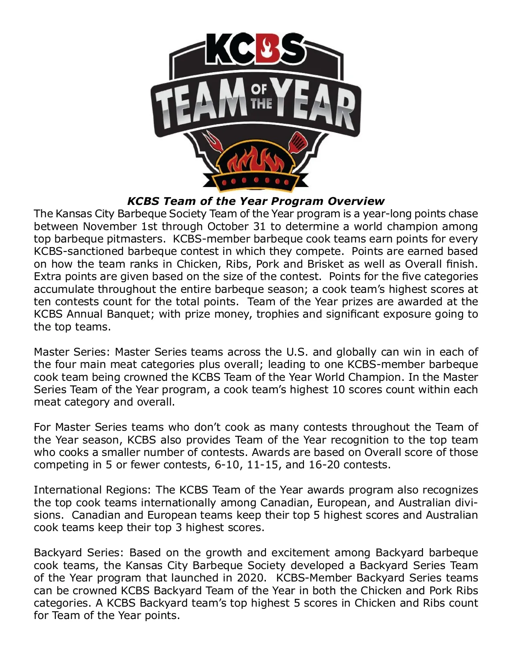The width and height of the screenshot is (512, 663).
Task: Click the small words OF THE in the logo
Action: pos(259,96)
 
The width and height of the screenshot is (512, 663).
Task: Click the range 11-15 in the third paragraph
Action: pos(262,465)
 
